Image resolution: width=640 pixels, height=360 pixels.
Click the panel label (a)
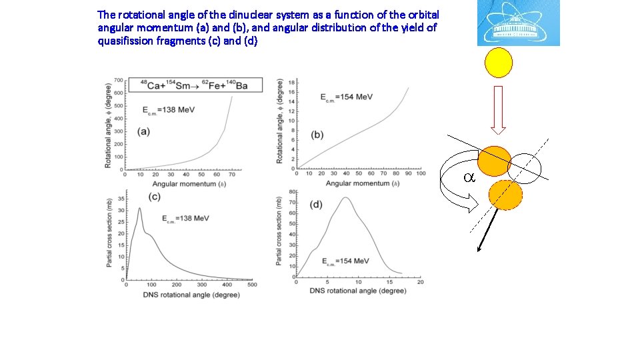[143, 131]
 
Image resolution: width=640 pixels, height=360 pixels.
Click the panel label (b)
[317, 134]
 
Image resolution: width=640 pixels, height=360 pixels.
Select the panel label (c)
[153, 196]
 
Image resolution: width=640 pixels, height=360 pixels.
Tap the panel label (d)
[316, 203]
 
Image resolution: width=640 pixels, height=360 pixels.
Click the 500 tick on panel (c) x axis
[252, 284]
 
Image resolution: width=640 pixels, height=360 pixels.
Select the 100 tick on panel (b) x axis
[421, 174]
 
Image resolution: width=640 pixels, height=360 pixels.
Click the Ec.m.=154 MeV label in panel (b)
[346, 97]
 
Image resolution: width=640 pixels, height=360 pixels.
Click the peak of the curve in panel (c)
[139, 209]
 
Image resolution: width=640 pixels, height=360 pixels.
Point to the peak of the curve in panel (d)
[345, 197]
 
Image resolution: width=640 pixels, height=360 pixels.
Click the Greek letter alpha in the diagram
[469, 178]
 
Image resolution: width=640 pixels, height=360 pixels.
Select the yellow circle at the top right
[499, 63]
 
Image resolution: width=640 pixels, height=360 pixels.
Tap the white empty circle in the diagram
[528, 167]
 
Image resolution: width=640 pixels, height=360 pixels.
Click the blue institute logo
[518, 23]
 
